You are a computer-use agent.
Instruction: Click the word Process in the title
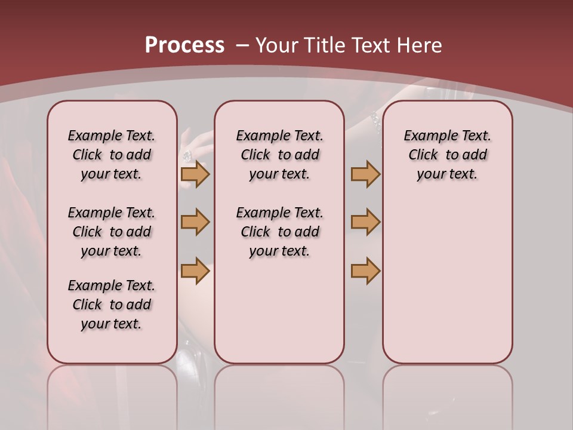[x=184, y=45]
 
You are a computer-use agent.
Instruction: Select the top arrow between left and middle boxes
[x=195, y=174]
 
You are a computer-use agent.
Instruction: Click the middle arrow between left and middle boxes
[x=195, y=222]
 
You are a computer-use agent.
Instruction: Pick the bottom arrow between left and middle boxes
[x=195, y=271]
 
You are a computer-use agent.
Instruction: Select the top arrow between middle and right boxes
[x=365, y=174]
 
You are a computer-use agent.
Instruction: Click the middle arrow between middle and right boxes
[x=365, y=222]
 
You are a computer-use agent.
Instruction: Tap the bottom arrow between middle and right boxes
[x=365, y=271]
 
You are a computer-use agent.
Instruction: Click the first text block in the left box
[x=112, y=155]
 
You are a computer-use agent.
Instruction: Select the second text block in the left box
[x=112, y=232]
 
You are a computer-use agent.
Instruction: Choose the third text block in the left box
[x=112, y=305]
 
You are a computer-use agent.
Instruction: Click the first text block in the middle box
[x=279, y=155]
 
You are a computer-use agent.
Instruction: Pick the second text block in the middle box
[x=279, y=232]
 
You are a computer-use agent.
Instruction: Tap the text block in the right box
[x=447, y=155]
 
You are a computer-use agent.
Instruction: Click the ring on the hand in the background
[x=187, y=156]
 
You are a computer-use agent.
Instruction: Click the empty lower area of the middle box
[x=279, y=311]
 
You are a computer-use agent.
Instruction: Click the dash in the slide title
[x=242, y=45]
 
